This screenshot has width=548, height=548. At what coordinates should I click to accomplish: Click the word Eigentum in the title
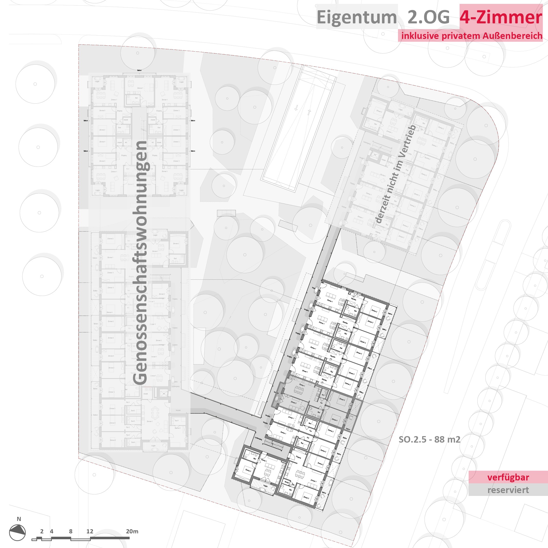point(356,17)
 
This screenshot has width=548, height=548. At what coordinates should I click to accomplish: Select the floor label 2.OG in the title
point(428,17)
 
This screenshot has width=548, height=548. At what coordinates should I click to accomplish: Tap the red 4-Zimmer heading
point(501,17)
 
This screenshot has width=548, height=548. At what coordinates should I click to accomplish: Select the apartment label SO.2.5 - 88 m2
point(429,439)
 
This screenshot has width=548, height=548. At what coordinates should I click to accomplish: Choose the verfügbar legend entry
point(508,477)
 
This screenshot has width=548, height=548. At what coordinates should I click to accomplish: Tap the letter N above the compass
point(19,519)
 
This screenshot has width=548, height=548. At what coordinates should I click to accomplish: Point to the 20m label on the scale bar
point(132,531)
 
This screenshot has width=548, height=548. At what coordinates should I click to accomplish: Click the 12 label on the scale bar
point(90,531)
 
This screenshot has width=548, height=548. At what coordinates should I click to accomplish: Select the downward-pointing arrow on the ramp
point(296,108)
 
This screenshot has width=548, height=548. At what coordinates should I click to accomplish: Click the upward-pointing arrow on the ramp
point(309,112)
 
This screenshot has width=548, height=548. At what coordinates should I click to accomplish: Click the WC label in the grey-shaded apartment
point(323,395)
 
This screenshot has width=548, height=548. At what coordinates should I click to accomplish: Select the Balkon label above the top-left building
point(139,70)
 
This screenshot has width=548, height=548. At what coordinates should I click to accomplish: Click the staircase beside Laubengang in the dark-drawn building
point(273,443)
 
